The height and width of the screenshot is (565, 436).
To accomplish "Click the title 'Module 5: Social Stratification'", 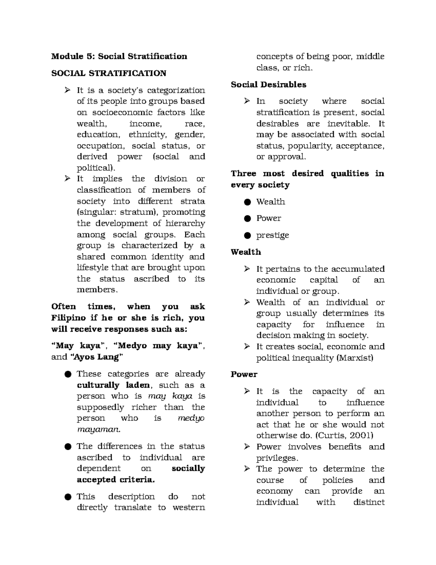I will (x=119, y=56).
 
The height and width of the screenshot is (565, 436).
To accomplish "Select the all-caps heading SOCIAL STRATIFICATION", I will (x=109, y=73).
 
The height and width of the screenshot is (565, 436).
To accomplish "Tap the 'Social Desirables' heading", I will (x=269, y=84).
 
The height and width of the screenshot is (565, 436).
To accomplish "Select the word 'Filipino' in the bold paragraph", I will (x=69, y=318).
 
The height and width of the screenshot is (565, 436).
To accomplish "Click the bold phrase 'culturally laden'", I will (x=113, y=385).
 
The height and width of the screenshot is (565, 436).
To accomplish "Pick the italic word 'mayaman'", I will (x=98, y=429).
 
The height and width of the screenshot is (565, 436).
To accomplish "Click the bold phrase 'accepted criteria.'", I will (x=116, y=480).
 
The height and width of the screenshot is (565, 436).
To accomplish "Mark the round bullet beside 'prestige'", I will (x=247, y=235).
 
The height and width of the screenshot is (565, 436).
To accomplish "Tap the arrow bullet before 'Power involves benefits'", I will (x=247, y=446).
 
